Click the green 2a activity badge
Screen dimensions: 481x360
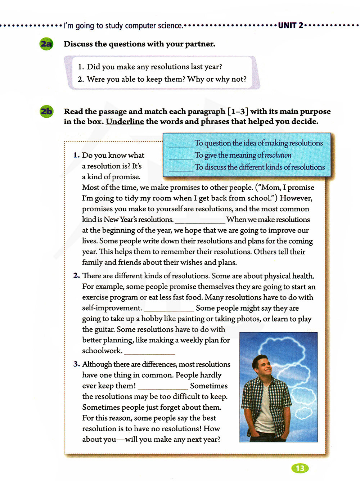tap(46, 44)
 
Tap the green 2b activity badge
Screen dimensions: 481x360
tap(46, 111)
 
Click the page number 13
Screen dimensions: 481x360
tap(300, 468)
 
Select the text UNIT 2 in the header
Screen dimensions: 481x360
tap(291, 26)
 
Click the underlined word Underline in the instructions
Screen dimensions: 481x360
tap(125, 122)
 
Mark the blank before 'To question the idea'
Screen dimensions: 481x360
tap(181, 145)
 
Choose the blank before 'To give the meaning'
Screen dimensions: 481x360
tap(181, 158)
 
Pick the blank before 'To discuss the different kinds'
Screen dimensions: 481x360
tap(181, 170)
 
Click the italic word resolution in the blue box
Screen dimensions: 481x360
tap(278, 155)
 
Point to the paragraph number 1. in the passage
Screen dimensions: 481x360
tap(76, 155)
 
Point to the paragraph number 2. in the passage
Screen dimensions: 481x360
tap(76, 276)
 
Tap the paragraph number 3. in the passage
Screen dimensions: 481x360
tap(76, 364)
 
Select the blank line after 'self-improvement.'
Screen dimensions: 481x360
tap(169, 311)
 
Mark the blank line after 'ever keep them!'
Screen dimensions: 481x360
tap(163, 388)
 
